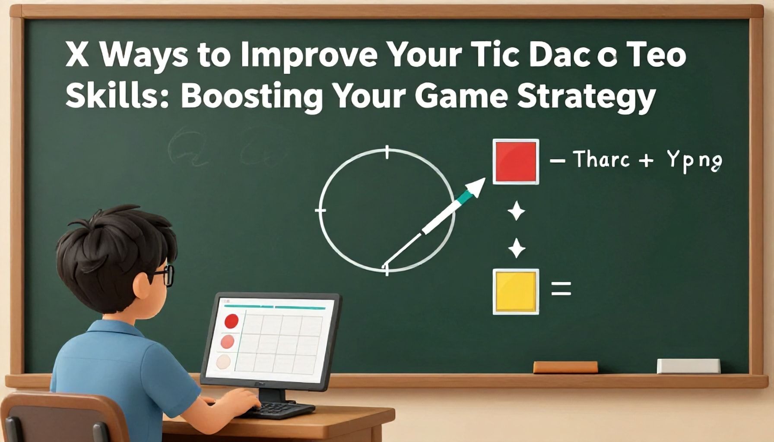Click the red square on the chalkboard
[x=516, y=161]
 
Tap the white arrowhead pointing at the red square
[x=476, y=188]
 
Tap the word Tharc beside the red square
[x=602, y=160]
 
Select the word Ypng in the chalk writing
[x=694, y=161]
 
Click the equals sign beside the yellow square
[x=561, y=288]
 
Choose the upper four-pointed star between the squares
[x=516, y=212]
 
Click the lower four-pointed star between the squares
[x=516, y=249]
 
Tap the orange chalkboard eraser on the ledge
[x=565, y=367]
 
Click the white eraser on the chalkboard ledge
[x=688, y=366]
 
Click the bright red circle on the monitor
[x=232, y=321]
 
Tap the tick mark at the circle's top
[x=387, y=152]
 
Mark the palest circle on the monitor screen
[x=223, y=361]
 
